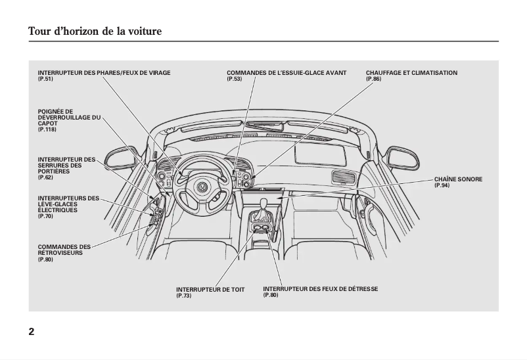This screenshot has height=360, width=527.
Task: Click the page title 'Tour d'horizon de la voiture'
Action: (x=95, y=31)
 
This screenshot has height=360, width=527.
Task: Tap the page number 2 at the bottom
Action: (x=32, y=331)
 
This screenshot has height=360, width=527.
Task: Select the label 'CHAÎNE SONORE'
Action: (x=458, y=179)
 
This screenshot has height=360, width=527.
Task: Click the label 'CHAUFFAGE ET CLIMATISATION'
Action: (x=411, y=73)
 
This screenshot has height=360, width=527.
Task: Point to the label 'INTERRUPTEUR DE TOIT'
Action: (x=210, y=289)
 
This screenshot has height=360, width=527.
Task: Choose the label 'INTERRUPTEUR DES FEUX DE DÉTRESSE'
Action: (x=320, y=289)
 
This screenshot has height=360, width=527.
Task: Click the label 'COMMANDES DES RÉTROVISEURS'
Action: (x=64, y=250)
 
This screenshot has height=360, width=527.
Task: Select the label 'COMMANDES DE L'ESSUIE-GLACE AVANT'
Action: (x=286, y=73)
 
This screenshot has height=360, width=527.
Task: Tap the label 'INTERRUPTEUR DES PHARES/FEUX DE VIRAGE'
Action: (x=104, y=73)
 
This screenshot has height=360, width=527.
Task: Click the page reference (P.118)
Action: (x=47, y=129)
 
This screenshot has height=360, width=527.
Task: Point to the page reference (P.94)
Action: (x=442, y=185)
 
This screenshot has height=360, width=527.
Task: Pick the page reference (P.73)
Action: (x=184, y=296)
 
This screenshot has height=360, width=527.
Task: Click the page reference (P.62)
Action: (x=45, y=177)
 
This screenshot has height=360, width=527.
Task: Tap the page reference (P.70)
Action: (x=45, y=216)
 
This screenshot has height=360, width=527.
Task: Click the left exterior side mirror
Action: (x=122, y=158)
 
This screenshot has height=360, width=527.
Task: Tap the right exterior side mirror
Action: (x=401, y=158)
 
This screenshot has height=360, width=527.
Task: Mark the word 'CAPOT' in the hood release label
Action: (x=48, y=124)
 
